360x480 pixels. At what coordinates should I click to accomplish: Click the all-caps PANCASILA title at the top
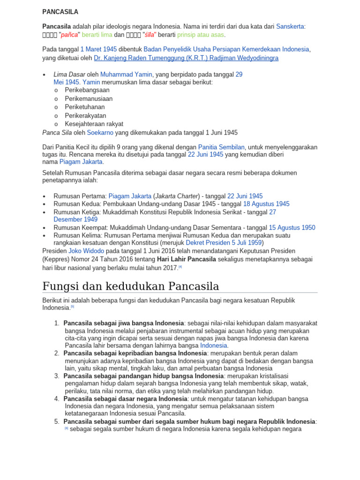click(60, 12)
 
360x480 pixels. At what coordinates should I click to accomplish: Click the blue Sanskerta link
click(291, 26)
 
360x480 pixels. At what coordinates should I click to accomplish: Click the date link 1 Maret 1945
click(98, 49)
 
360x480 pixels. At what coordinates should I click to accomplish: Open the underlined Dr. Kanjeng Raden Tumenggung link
click(186, 58)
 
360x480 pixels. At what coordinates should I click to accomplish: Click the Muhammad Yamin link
click(126, 74)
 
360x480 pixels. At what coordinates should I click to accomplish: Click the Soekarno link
click(100, 133)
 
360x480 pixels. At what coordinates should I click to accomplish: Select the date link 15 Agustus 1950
click(292, 227)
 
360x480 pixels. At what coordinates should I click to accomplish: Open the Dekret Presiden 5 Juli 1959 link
click(224, 243)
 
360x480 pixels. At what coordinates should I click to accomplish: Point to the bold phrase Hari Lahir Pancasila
click(187, 259)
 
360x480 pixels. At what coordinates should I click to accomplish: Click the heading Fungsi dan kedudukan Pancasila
click(130, 286)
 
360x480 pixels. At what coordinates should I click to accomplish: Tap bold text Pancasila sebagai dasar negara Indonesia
click(125, 398)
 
